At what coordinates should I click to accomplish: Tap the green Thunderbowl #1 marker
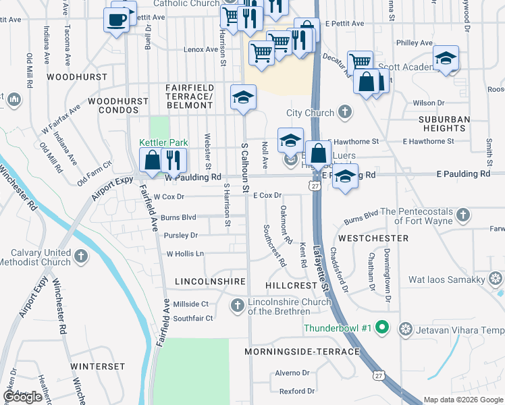(381, 329)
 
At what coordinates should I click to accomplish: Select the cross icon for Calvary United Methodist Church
(81, 256)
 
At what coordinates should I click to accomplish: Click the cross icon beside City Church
(344, 111)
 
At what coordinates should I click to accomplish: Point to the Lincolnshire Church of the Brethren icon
(237, 306)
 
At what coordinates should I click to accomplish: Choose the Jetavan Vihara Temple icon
(406, 329)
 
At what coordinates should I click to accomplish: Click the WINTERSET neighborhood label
(98, 366)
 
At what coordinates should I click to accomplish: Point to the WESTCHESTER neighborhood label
(373, 238)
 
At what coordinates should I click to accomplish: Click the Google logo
(23, 397)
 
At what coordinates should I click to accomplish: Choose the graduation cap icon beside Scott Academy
(446, 58)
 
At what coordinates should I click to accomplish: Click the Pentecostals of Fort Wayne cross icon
(462, 215)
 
